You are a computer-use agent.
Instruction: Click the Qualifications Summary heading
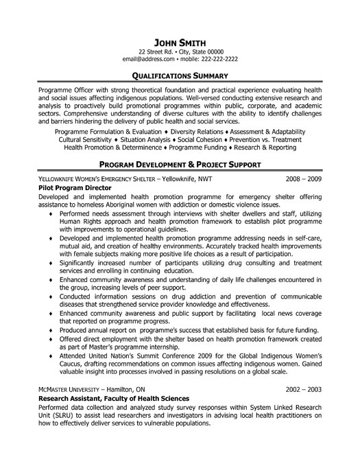tap(180, 75)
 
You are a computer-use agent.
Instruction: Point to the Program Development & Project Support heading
tap(180, 165)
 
